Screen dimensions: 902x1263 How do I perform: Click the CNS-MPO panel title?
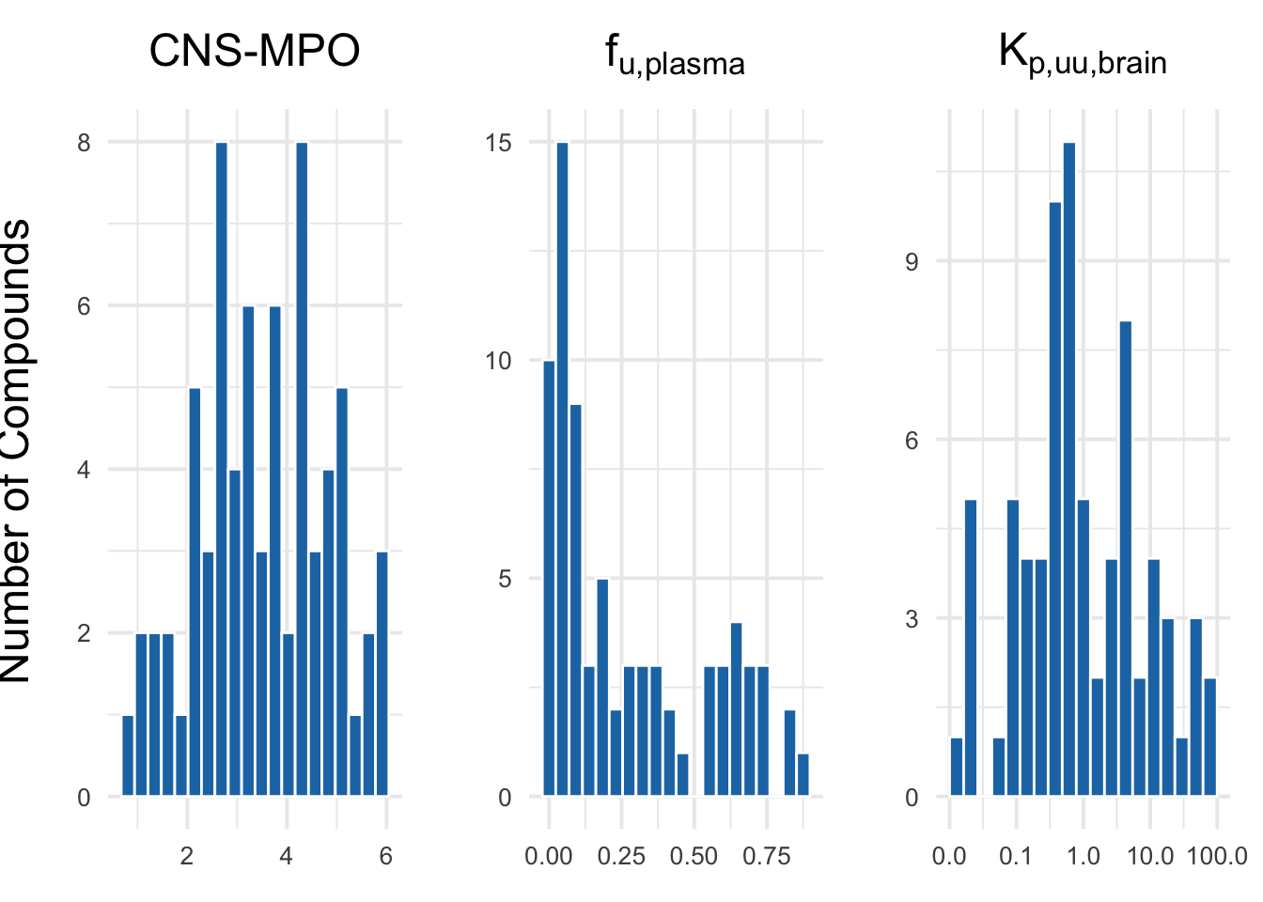(254, 51)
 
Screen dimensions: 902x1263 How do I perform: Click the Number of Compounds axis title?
(17, 451)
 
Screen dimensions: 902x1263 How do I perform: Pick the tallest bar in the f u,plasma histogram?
(563, 470)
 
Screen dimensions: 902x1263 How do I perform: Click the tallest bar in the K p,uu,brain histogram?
(1069, 470)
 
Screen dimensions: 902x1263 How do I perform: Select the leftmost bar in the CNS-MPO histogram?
(128, 756)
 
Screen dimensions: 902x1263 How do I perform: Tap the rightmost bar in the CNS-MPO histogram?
(382, 674)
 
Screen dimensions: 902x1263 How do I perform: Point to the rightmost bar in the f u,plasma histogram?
(803, 775)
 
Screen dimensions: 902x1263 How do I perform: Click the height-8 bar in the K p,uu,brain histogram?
(1126, 559)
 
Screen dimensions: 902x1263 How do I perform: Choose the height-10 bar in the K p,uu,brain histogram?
(1055, 499)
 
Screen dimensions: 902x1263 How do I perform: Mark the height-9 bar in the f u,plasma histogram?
(576, 600)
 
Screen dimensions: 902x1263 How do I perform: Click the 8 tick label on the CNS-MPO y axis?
(85, 143)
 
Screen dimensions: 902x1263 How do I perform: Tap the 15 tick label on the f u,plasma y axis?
(499, 143)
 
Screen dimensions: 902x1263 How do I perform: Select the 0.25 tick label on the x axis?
(622, 857)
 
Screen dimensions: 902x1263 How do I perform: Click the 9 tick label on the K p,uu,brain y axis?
(912, 262)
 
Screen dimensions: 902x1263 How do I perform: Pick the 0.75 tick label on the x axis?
(767, 857)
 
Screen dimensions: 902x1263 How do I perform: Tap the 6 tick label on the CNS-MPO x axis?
(386, 857)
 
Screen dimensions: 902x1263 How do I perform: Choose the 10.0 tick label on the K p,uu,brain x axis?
(1150, 857)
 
